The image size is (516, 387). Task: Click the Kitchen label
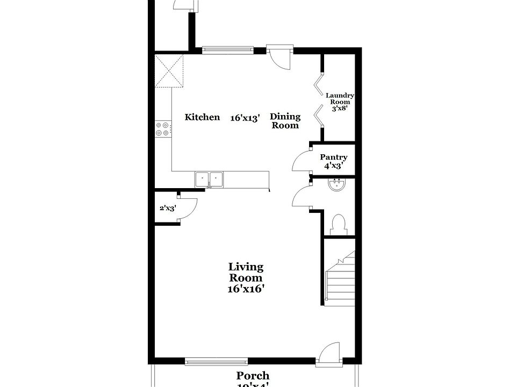tap(202, 117)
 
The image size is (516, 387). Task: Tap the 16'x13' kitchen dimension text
tap(245, 117)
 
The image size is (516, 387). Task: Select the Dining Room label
tap(285, 121)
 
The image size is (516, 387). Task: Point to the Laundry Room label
tap(339, 101)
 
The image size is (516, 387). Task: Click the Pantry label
tap(333, 161)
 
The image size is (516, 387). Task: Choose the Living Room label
tap(246, 277)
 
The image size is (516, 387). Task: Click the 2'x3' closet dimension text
tap(167, 208)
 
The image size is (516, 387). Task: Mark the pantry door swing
tap(301, 160)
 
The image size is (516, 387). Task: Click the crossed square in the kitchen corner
tap(169, 70)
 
